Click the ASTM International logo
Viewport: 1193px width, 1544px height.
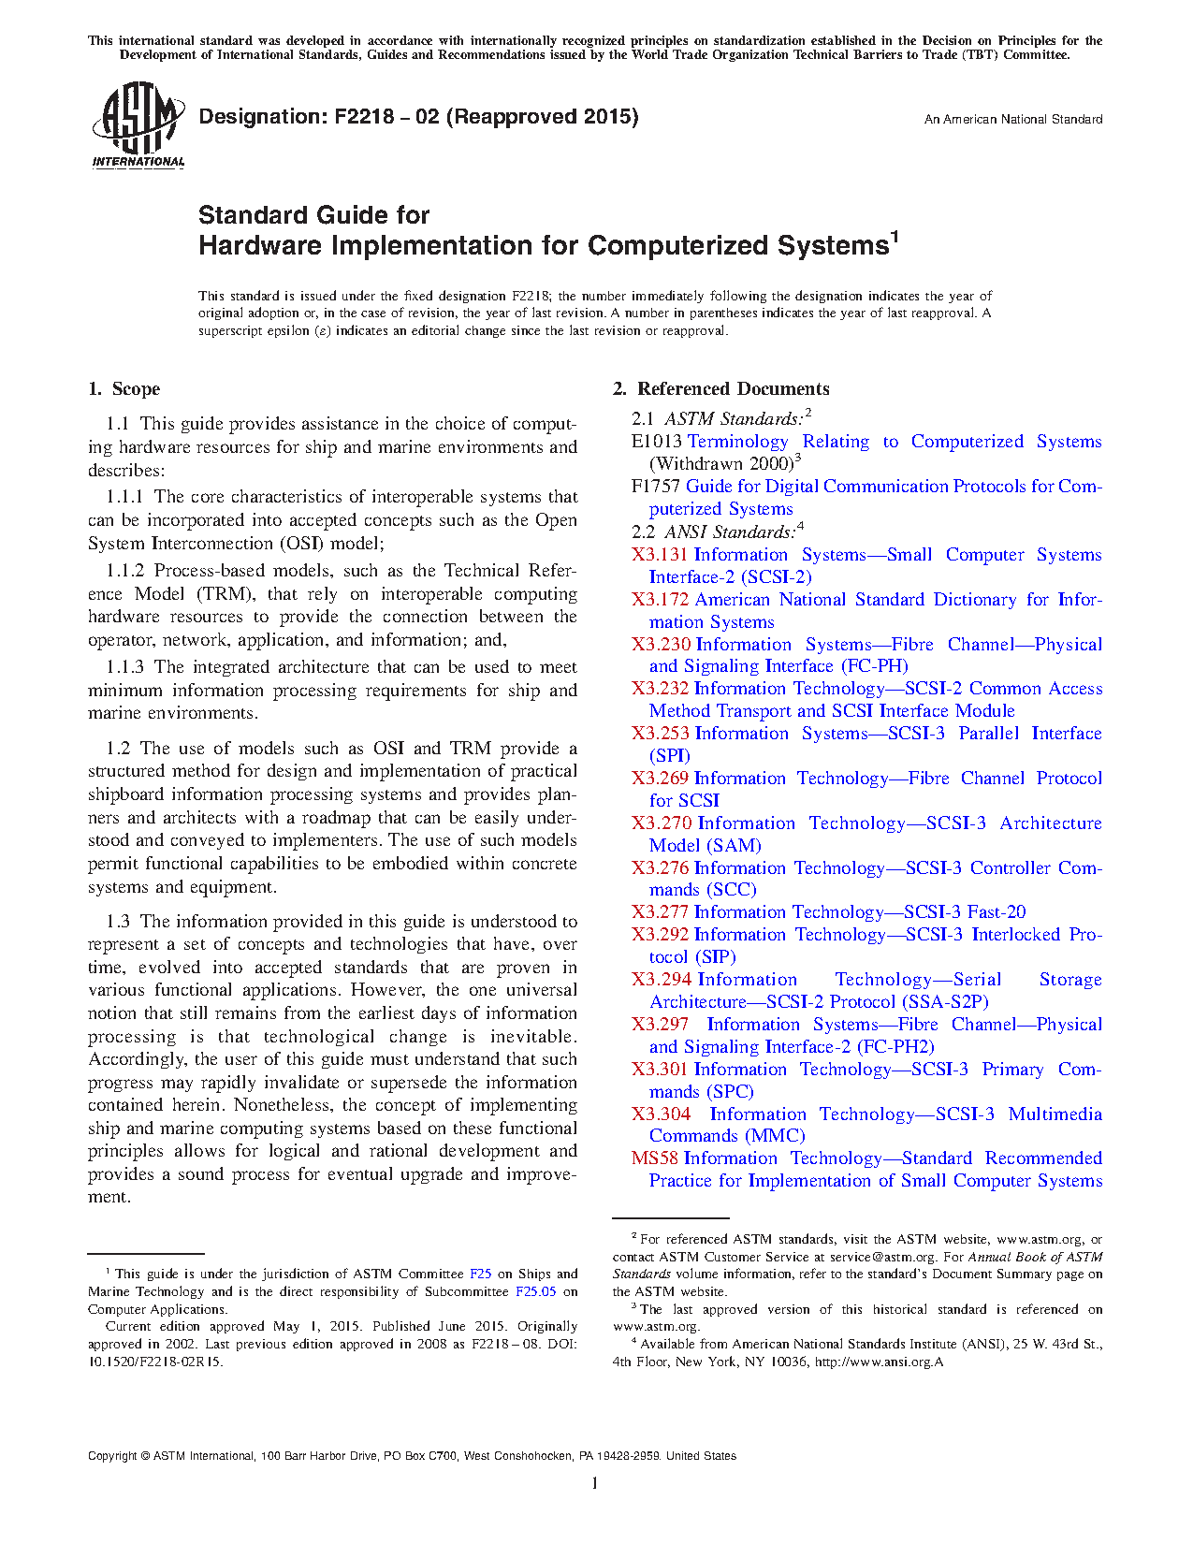tap(138, 124)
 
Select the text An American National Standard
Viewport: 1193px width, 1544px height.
tap(1012, 120)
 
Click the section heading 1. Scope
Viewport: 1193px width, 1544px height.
tap(124, 389)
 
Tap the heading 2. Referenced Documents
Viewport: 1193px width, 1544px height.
tap(720, 389)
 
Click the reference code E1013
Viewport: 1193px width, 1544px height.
tap(657, 442)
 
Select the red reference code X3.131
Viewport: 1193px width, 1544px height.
tap(660, 555)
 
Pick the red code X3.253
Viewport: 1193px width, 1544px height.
tap(661, 734)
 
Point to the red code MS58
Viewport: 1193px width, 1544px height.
tap(654, 1158)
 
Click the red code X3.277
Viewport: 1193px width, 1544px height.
tap(660, 912)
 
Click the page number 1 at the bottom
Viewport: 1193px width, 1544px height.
tap(595, 1483)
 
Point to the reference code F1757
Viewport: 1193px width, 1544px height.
tap(656, 487)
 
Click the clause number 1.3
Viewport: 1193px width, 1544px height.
tap(118, 922)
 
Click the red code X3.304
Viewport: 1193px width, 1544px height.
tap(661, 1114)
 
